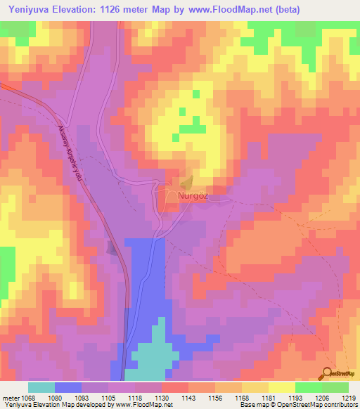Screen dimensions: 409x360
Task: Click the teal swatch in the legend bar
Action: (41, 387)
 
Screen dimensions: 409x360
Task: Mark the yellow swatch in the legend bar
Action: (281, 387)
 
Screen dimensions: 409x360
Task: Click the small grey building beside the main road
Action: (112, 247)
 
